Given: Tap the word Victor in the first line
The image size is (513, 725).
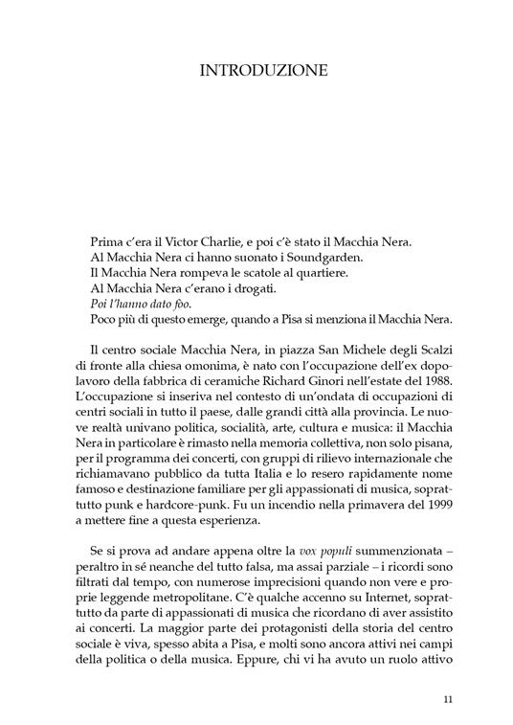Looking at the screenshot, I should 196,242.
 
